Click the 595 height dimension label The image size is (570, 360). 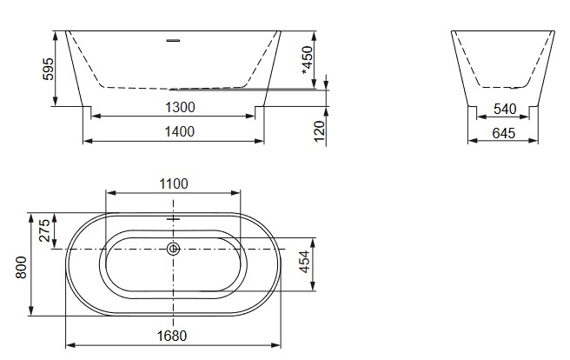[49, 70]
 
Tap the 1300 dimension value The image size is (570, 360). [179, 107]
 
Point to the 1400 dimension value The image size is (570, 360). [179, 131]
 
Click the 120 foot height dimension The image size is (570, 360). [319, 131]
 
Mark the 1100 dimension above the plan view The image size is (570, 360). [173, 183]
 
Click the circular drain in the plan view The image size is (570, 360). [173, 250]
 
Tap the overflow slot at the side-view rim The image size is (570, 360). [173, 39]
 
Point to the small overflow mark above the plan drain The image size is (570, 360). [173, 220]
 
